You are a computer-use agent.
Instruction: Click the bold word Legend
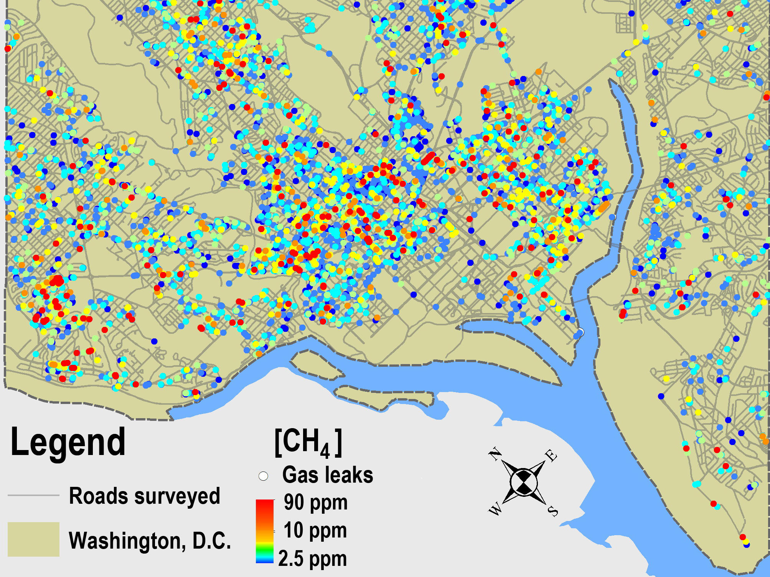coord(68,442)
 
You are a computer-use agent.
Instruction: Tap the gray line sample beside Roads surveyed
coord(33,495)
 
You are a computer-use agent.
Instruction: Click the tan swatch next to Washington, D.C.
coord(33,539)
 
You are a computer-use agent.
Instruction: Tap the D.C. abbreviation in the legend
coord(211,541)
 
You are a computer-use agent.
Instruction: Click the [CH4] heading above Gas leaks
coord(308,443)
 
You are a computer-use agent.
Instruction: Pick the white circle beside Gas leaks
coord(263,476)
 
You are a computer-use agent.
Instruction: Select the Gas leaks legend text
coord(327,475)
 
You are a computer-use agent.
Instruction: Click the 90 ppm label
coord(315,503)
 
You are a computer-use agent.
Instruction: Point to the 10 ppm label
coord(315,531)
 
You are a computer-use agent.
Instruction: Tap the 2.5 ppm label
coord(312,559)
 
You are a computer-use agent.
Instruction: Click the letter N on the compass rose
coord(495,455)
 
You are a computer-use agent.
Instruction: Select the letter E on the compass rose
coord(551,456)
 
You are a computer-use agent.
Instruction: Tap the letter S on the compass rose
coord(553,511)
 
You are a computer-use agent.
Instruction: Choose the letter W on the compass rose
coord(495,510)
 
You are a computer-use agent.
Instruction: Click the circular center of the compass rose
coord(523,483)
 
